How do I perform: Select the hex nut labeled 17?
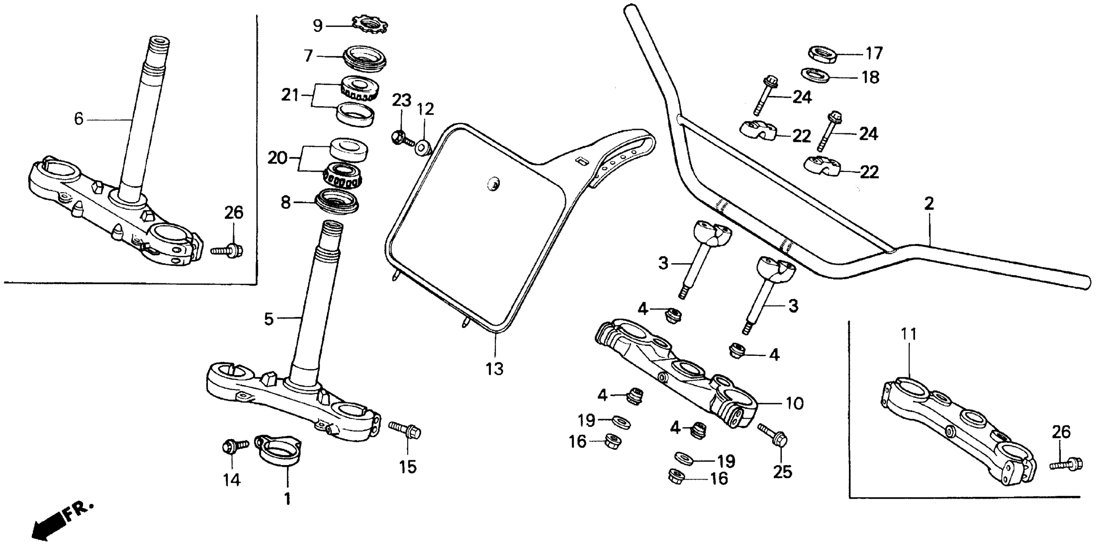pos(822,54)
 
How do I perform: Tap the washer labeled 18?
pos(815,75)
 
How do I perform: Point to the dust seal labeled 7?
pos(365,59)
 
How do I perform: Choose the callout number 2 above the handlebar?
pos(929,204)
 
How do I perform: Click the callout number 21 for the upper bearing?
pos(290,95)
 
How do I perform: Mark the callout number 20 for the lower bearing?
pos(277,158)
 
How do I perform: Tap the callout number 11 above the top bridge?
pos(908,335)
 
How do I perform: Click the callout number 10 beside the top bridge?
pos(794,403)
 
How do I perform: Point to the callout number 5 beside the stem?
pos(268,318)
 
